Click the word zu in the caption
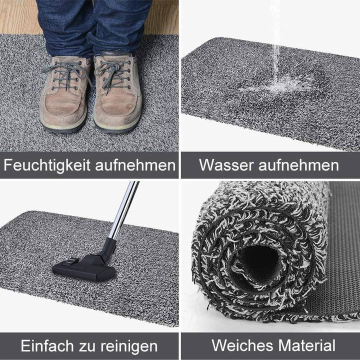click(88, 346)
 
